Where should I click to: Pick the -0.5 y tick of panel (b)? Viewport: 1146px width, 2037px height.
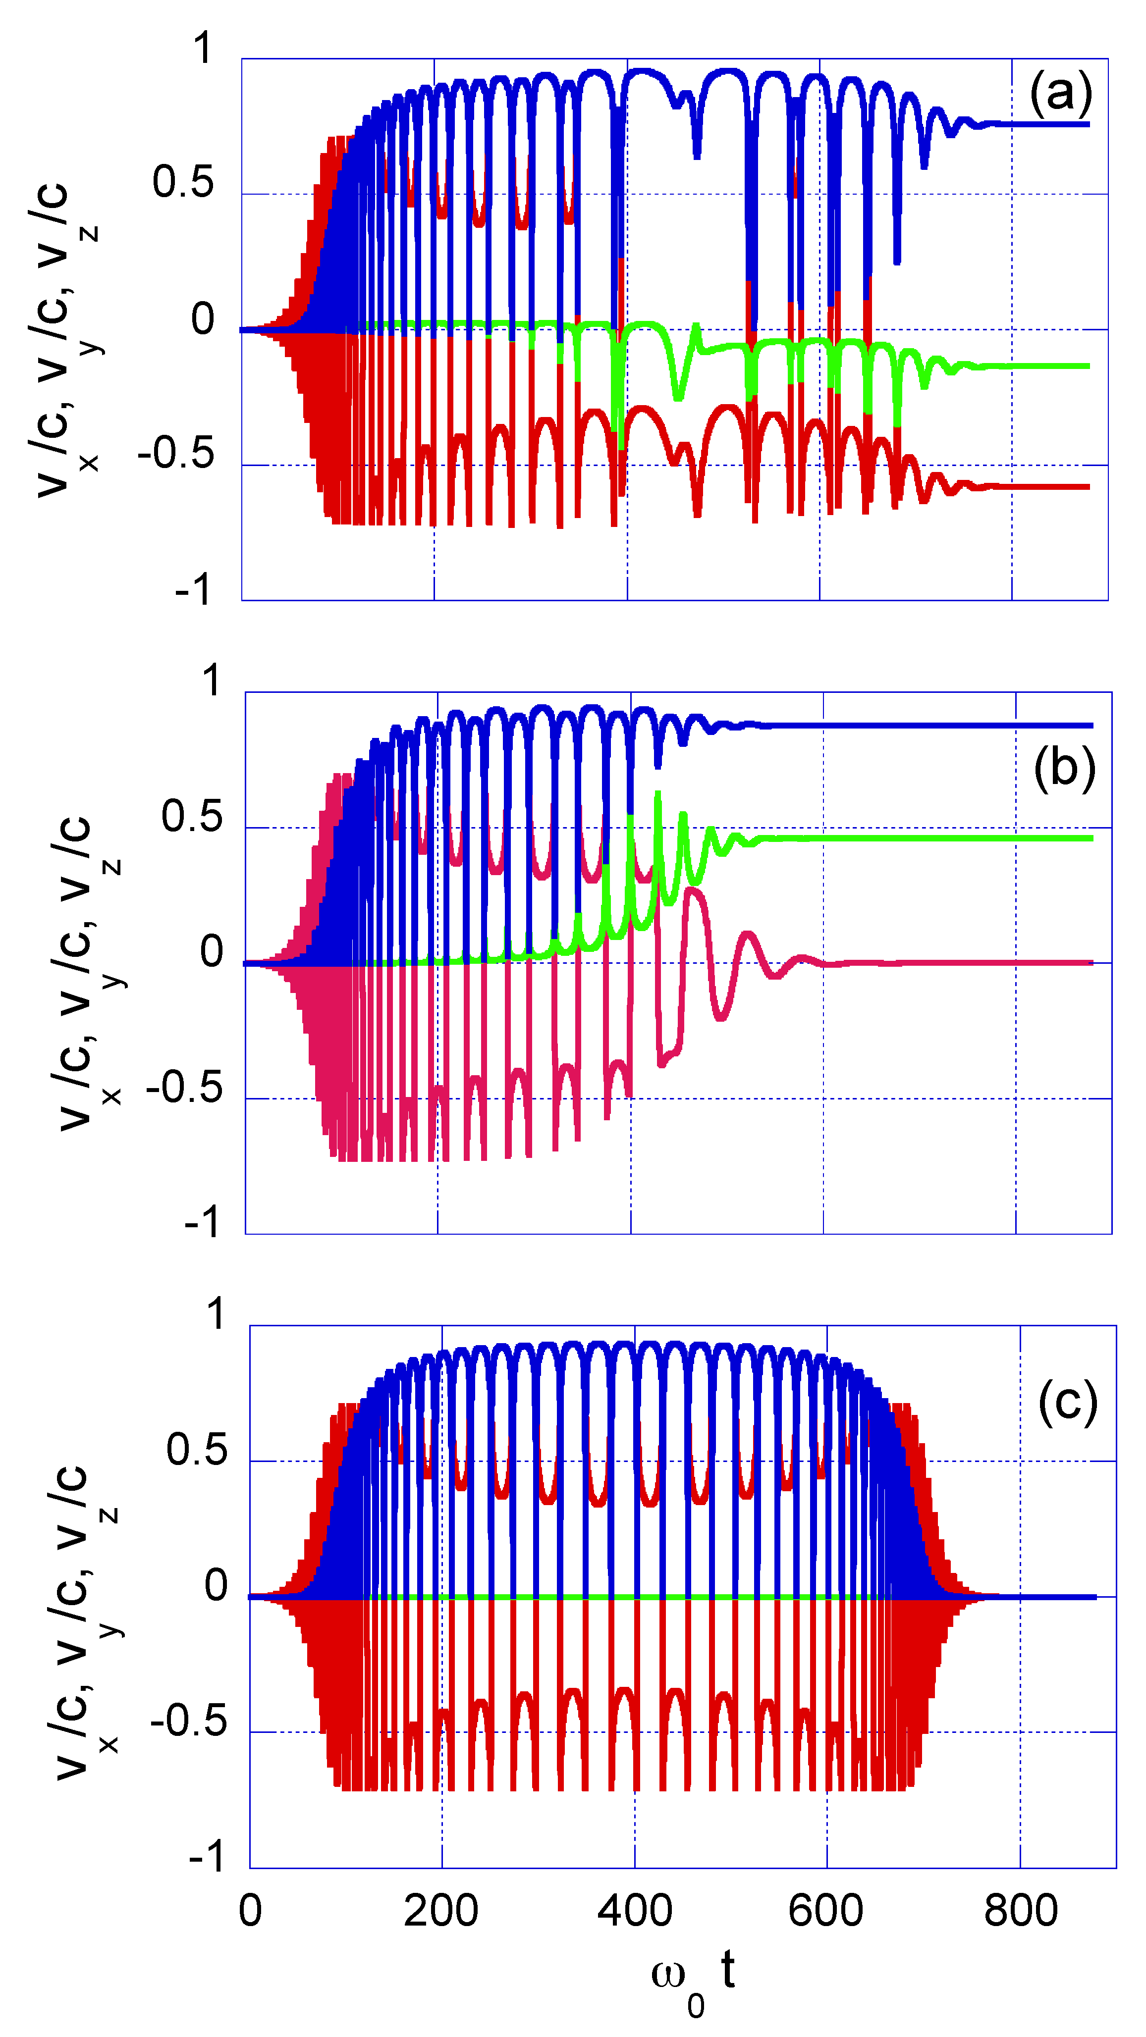click(x=184, y=1087)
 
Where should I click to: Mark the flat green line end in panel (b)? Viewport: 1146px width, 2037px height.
click(x=1090, y=838)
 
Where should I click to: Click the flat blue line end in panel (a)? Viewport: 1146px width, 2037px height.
click(x=1087, y=124)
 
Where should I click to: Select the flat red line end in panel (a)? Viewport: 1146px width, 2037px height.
click(x=1087, y=486)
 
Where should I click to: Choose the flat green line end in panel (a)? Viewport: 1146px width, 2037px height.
click(x=1087, y=366)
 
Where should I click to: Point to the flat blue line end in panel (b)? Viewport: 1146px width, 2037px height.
click(x=1090, y=725)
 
